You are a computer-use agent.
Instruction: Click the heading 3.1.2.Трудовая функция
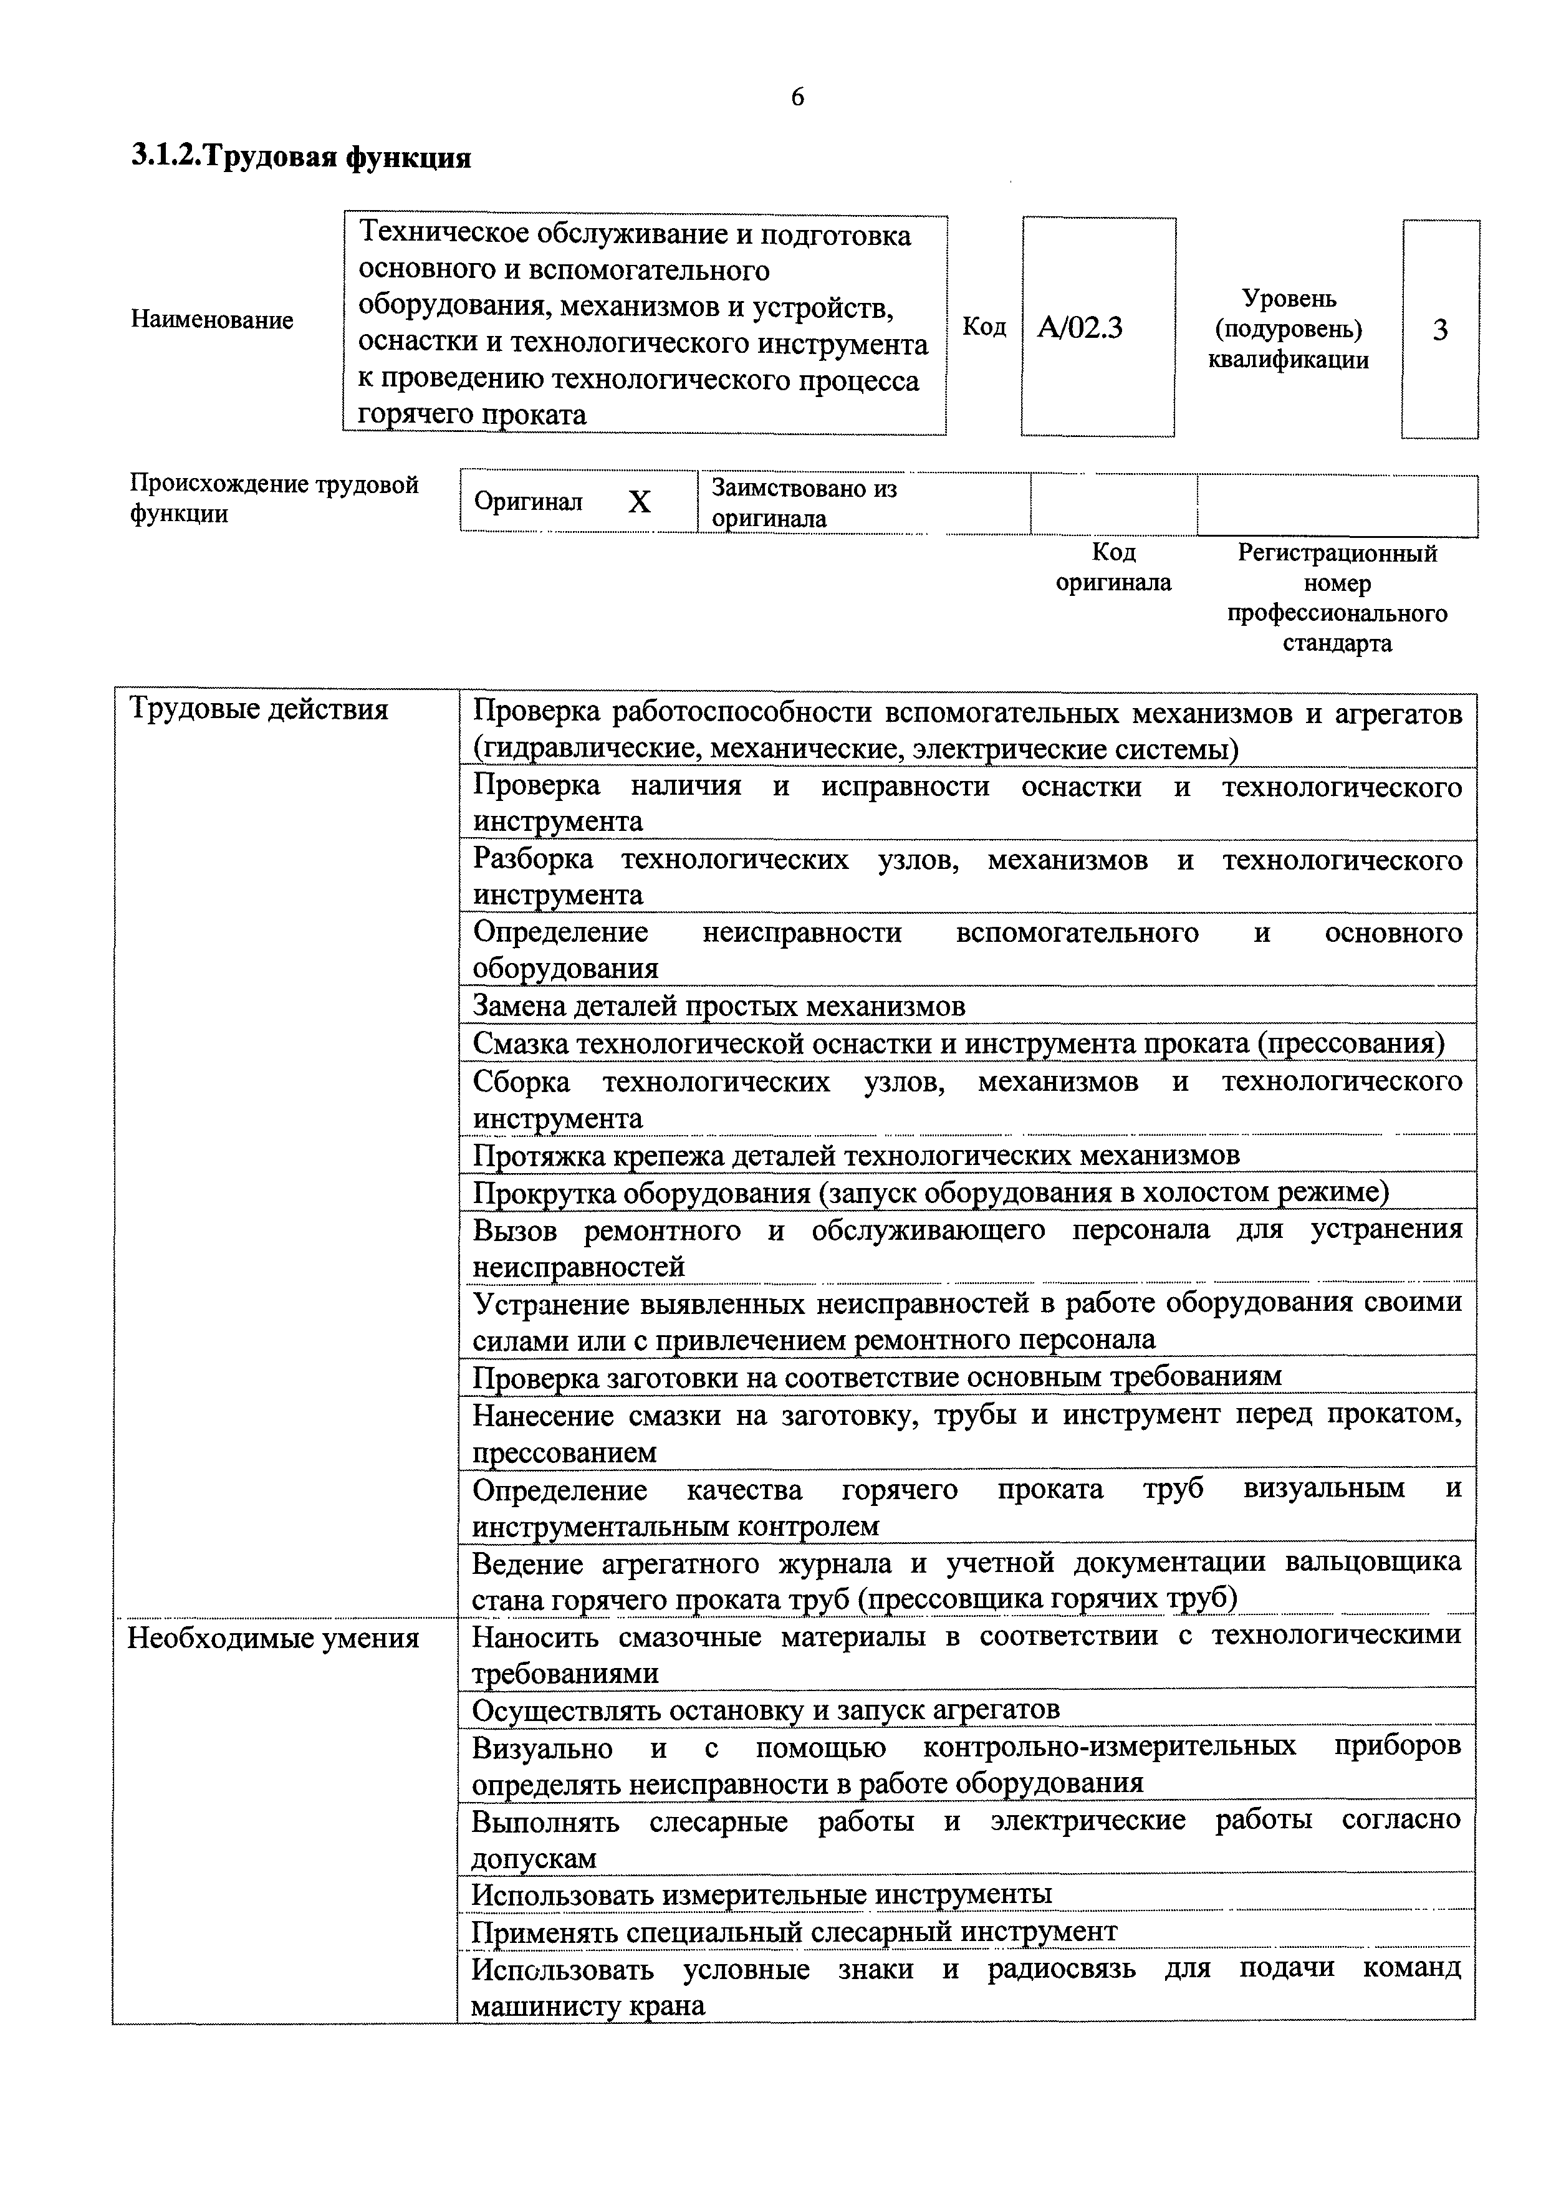(301, 157)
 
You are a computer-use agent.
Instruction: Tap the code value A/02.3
(1080, 328)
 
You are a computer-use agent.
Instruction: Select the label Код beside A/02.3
(984, 327)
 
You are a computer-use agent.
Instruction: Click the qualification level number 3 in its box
(1439, 330)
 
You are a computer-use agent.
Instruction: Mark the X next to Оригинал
(639, 502)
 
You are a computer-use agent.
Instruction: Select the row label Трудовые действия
(258, 709)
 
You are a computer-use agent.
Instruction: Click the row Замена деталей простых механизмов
(719, 1007)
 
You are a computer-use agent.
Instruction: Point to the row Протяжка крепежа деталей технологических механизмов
(856, 1155)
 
